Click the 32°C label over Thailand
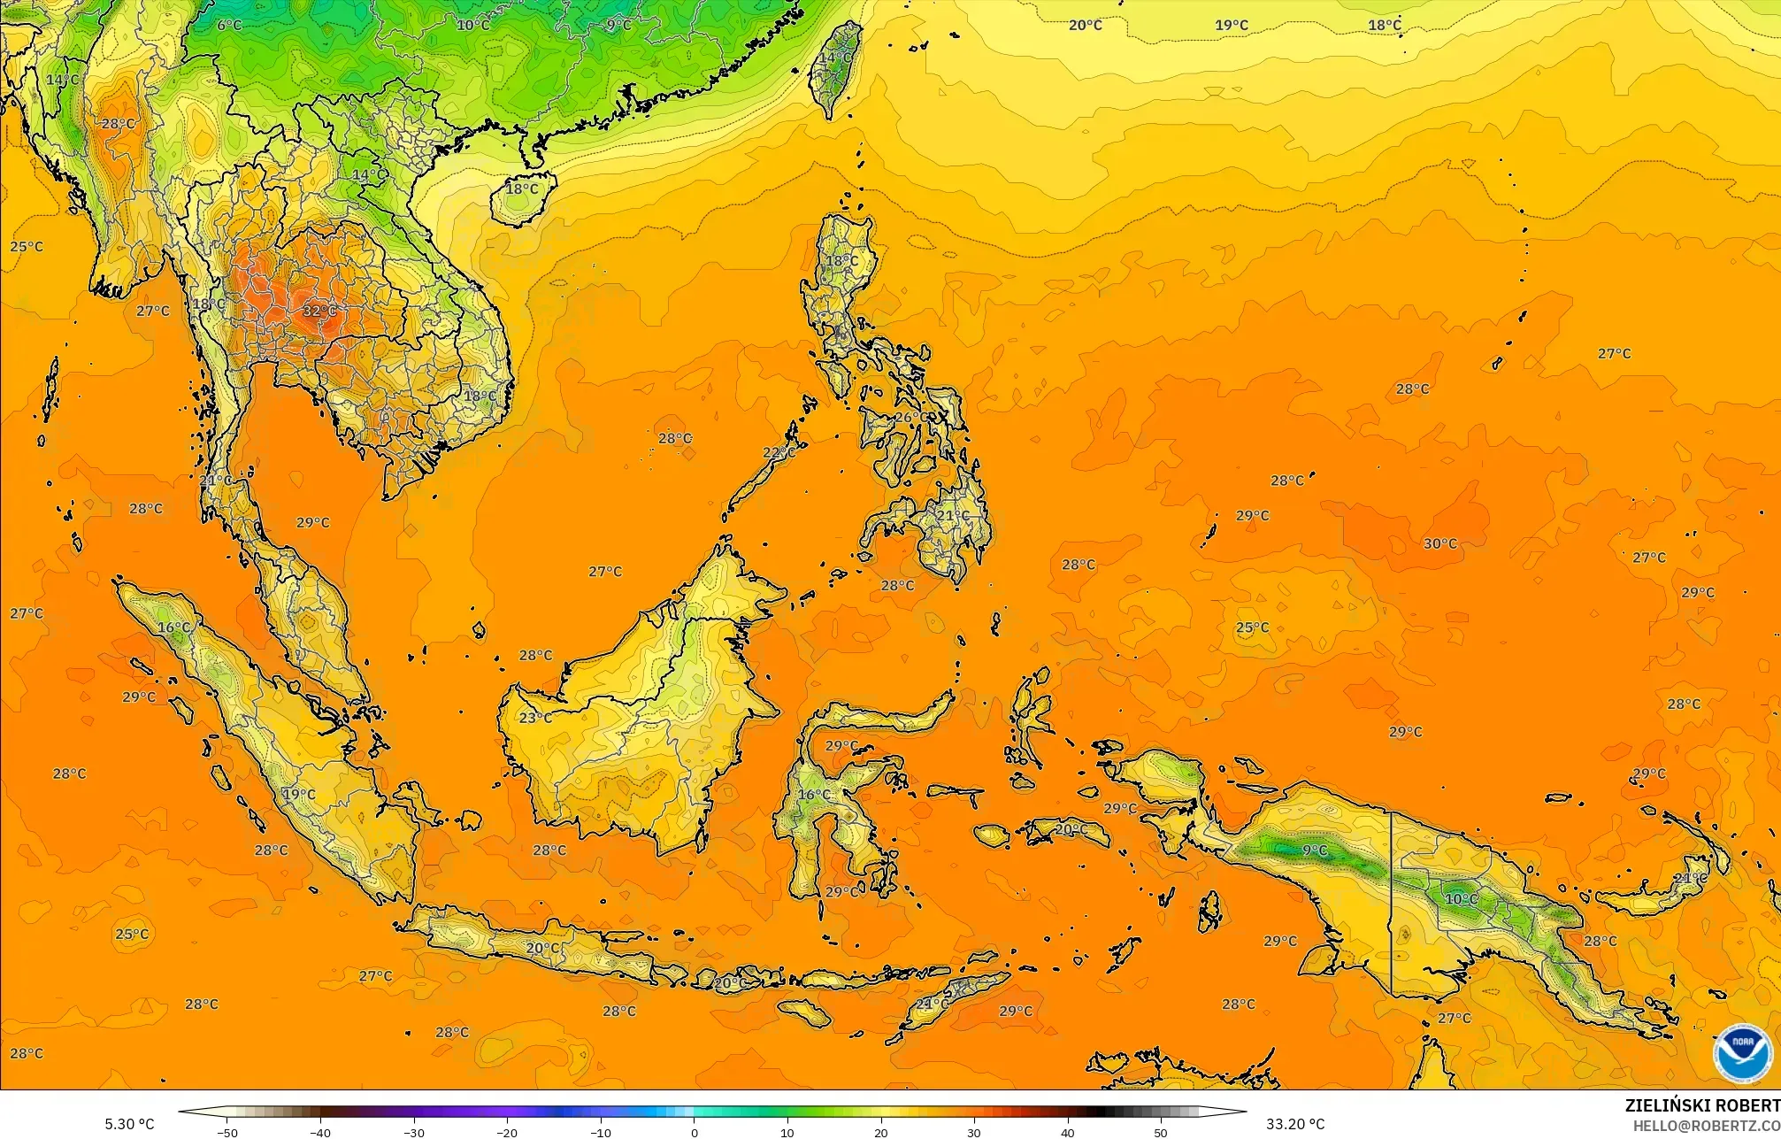(319, 311)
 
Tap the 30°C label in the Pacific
(1439, 543)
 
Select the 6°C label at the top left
(229, 25)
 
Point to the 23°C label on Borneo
(534, 718)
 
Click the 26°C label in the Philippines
(911, 417)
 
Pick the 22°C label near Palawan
(779, 452)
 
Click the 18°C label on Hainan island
(521, 189)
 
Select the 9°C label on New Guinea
(1315, 850)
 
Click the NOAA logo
(1742, 1053)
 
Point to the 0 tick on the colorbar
(695, 1132)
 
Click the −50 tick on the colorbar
(227, 1132)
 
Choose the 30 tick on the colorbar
(974, 1132)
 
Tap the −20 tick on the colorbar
(507, 1132)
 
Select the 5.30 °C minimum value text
(129, 1124)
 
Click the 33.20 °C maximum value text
(1295, 1124)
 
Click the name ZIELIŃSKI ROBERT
(1702, 1105)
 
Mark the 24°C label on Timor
(931, 1004)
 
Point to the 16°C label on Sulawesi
(814, 795)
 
